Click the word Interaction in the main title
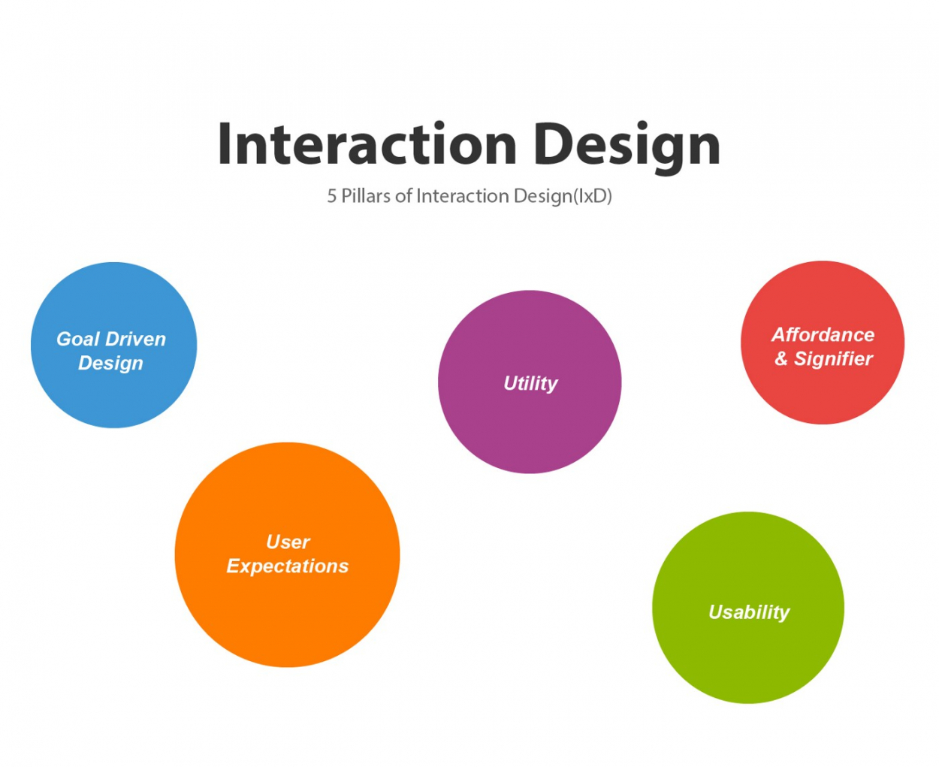(367, 144)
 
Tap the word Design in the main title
(627, 146)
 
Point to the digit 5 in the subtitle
(331, 197)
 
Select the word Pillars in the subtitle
(366, 196)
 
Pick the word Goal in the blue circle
(77, 340)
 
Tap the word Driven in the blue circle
(136, 340)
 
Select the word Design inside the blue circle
(110, 364)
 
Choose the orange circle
(287, 616)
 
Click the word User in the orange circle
(288, 542)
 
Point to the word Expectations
(288, 566)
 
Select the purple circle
(530, 428)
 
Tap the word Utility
(530, 384)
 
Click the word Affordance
(823, 335)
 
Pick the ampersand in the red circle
(781, 359)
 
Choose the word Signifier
(833, 360)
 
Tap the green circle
(748, 661)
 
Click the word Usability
(749, 613)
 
